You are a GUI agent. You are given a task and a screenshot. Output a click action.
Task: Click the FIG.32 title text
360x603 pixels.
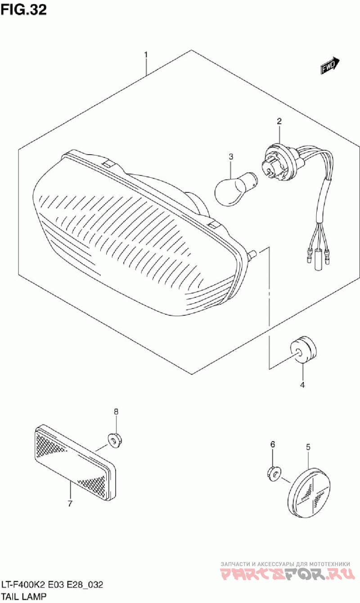[23, 9]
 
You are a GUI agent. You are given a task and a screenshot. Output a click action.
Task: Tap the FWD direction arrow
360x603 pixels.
[330, 66]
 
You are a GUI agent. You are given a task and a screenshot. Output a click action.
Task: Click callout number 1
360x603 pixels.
[146, 54]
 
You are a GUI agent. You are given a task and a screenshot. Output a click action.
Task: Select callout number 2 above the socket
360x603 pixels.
[279, 121]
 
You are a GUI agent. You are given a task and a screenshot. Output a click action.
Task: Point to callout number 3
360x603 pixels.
[231, 156]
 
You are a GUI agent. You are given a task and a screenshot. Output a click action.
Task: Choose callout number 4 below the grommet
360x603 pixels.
[302, 385]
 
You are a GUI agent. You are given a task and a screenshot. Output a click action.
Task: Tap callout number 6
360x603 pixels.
[272, 444]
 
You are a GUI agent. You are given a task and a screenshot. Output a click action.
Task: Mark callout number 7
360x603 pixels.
[70, 504]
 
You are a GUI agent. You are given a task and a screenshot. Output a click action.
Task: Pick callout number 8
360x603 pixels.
[116, 411]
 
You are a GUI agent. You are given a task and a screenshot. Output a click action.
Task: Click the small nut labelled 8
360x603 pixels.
[116, 440]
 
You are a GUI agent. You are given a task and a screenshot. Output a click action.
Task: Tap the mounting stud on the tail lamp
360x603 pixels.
[253, 254]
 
